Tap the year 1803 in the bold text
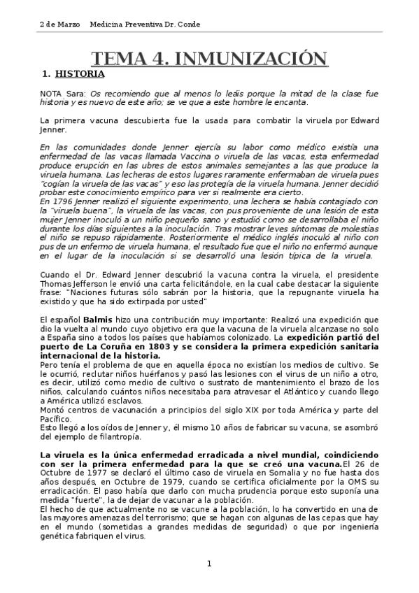coord(152,346)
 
